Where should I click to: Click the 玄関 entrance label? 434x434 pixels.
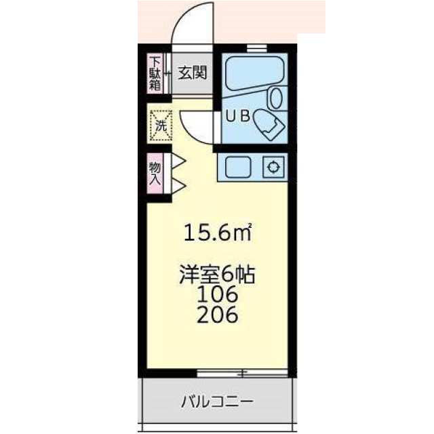click(193, 73)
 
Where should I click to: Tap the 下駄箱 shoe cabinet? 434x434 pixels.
click(155, 73)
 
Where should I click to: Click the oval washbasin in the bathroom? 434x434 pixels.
click(276, 98)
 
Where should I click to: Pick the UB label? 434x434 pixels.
click(238, 116)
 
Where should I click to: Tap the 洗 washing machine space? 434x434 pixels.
click(161, 125)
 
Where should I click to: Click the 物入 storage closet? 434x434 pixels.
click(155, 174)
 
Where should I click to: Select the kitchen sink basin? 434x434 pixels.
click(238, 167)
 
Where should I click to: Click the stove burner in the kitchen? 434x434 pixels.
click(273, 167)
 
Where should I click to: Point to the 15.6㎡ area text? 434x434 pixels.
click(218, 232)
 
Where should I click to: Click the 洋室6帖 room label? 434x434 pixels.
click(217, 275)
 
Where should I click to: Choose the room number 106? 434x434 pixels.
click(218, 294)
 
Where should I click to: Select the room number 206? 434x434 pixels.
click(218, 315)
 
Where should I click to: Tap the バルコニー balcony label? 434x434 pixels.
click(217, 402)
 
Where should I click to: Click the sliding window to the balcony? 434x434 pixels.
click(243, 374)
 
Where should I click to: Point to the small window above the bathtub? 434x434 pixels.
click(257, 47)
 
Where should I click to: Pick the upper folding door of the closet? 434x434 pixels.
click(177, 161)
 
